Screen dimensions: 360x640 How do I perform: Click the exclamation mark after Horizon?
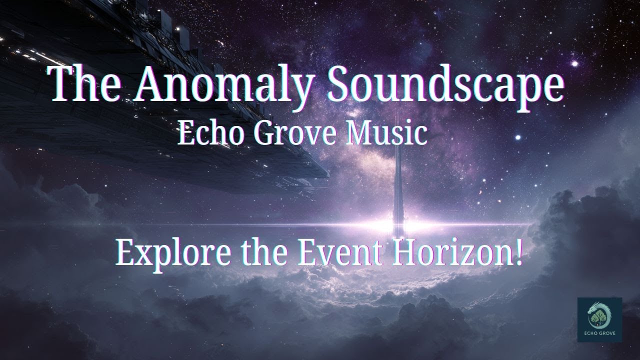[x=518, y=253]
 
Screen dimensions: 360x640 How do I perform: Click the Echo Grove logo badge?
[x=599, y=320]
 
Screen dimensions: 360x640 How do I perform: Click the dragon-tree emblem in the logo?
[x=599, y=314]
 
